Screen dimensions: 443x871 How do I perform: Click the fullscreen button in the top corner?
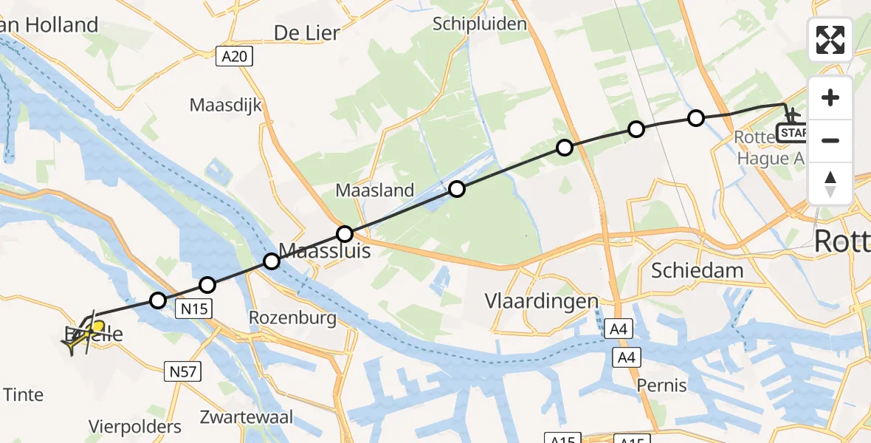(830, 40)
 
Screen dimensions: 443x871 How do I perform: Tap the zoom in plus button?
(830, 97)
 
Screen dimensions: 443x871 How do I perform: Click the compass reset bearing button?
(830, 183)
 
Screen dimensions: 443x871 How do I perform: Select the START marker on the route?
(793, 133)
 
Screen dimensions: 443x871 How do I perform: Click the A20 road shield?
(235, 56)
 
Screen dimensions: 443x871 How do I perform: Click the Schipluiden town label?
(480, 24)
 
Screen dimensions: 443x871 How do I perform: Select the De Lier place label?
(306, 32)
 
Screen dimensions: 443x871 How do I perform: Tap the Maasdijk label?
(226, 105)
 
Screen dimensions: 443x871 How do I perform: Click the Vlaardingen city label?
(541, 301)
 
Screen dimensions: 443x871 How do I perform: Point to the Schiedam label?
(697, 270)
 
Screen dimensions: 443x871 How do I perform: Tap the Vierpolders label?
(135, 427)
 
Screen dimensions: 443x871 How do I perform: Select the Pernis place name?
(662, 385)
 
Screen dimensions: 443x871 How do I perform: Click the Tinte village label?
(23, 394)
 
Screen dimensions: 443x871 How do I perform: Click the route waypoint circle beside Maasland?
(457, 189)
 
